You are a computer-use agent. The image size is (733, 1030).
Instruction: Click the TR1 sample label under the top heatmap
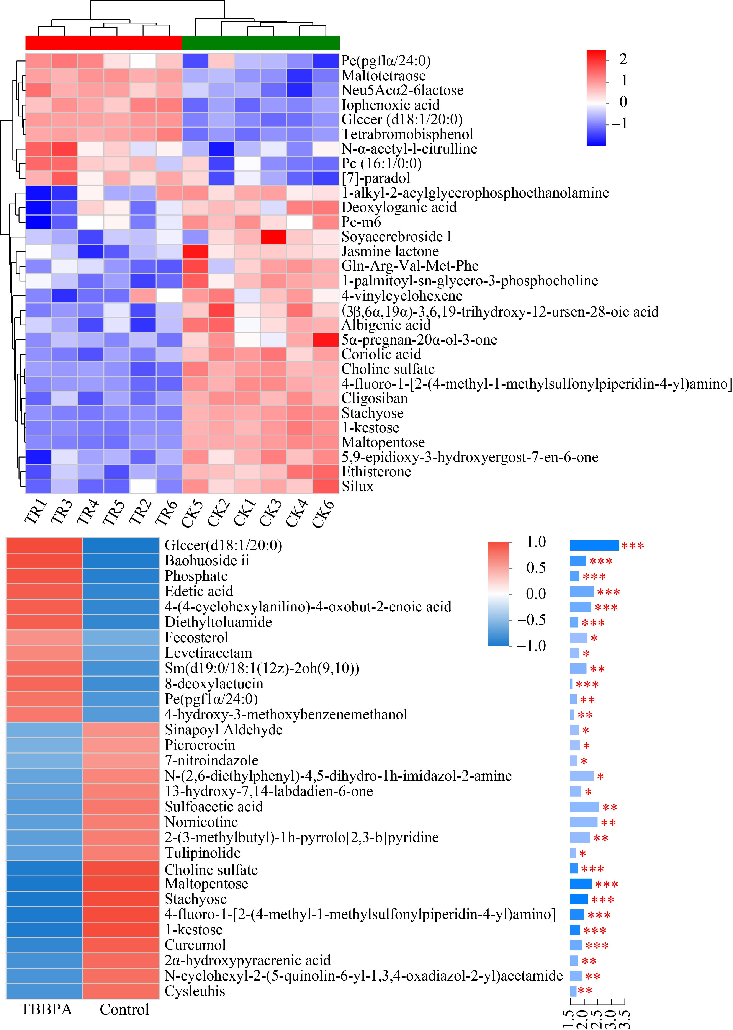[x=36, y=514]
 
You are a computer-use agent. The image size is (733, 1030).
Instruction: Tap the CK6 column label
[x=324, y=514]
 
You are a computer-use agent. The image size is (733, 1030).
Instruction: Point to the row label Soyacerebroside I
[x=396, y=237]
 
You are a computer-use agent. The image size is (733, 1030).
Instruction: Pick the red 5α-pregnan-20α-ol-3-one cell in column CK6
[x=326, y=339]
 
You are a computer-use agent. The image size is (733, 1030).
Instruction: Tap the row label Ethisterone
[x=376, y=472]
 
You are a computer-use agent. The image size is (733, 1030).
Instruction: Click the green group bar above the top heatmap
[x=260, y=43]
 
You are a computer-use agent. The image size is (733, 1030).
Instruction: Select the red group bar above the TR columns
[x=103, y=43]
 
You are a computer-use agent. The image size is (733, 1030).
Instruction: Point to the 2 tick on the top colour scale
[x=623, y=59]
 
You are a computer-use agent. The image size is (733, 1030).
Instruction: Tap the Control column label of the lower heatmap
[x=124, y=1009]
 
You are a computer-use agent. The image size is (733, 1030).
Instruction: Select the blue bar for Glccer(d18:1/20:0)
[x=594, y=545]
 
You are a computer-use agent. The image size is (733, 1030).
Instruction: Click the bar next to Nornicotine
[x=583, y=822]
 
